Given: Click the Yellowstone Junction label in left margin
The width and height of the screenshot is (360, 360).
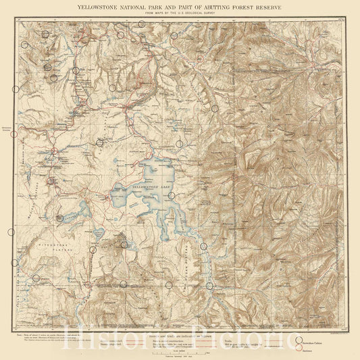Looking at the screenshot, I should [x=7, y=129].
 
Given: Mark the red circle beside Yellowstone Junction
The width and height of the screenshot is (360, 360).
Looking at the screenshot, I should [x=14, y=134].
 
